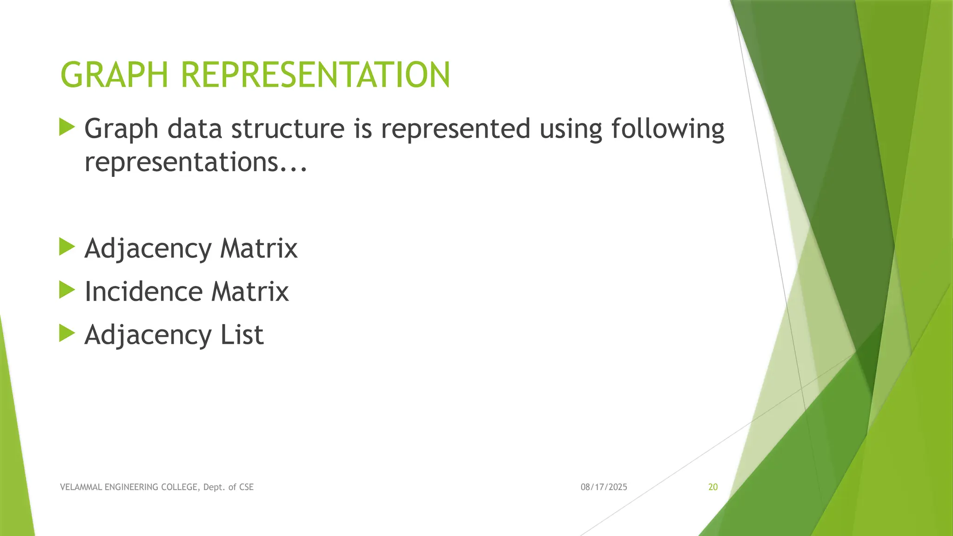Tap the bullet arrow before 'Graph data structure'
[x=67, y=127]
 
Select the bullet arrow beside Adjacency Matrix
[x=67, y=247]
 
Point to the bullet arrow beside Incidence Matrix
[x=67, y=290]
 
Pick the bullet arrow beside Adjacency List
[x=67, y=333]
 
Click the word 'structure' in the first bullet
[x=288, y=128]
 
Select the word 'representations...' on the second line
[x=195, y=162]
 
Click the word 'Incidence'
[x=143, y=292]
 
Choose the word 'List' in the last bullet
[x=242, y=335]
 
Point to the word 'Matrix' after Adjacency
[x=259, y=248]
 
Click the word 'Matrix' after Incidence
[x=250, y=292]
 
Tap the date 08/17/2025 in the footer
[x=604, y=487]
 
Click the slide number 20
[x=713, y=487]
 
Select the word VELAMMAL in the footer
[x=81, y=487]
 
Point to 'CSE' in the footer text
[x=246, y=487]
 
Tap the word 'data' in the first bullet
[x=195, y=128]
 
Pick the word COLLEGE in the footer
[x=181, y=487]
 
